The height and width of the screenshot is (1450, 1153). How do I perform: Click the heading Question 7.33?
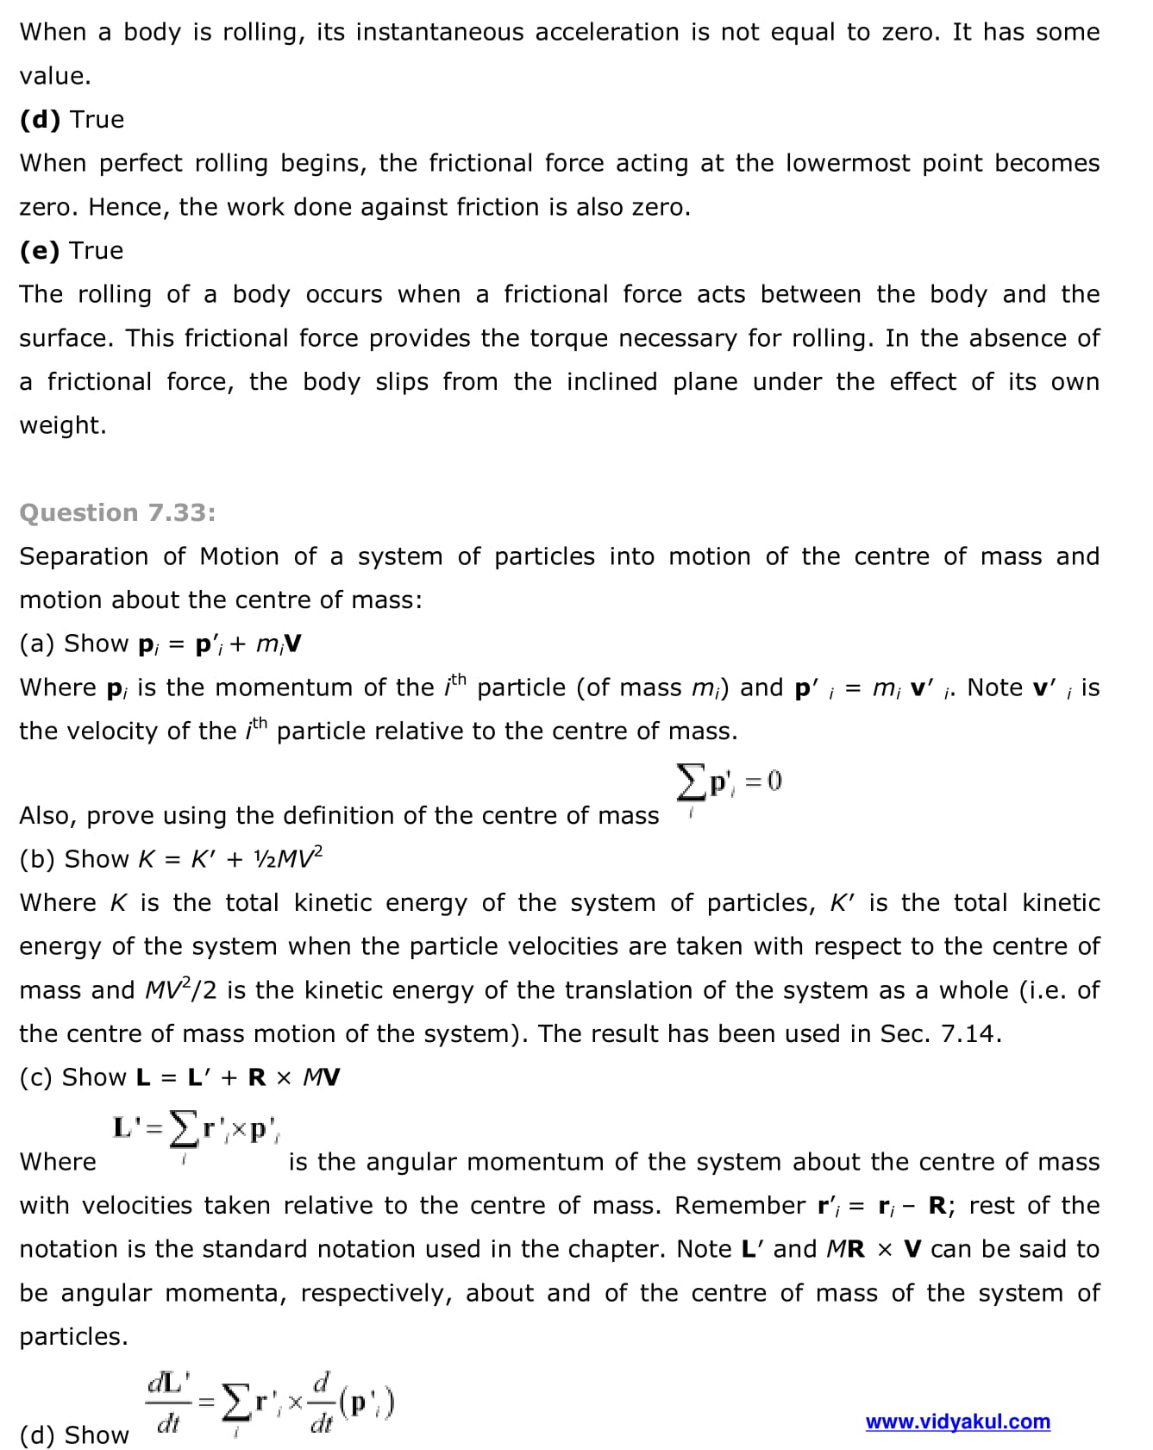pos(117,512)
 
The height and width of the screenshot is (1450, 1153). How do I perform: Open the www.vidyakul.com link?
pos(957,1422)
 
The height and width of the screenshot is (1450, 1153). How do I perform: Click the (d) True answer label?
pos(72,119)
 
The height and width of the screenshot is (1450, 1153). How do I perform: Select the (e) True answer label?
pos(72,250)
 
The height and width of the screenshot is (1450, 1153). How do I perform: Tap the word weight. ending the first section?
pos(63,425)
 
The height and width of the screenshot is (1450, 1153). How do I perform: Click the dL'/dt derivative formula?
pos(270,1404)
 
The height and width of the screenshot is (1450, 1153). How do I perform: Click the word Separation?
pos(84,556)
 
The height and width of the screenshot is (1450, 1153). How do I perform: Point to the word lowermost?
pos(847,163)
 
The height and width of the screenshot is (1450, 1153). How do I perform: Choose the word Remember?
pos(740,1205)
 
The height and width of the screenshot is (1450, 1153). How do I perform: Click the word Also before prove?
pos(47,815)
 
